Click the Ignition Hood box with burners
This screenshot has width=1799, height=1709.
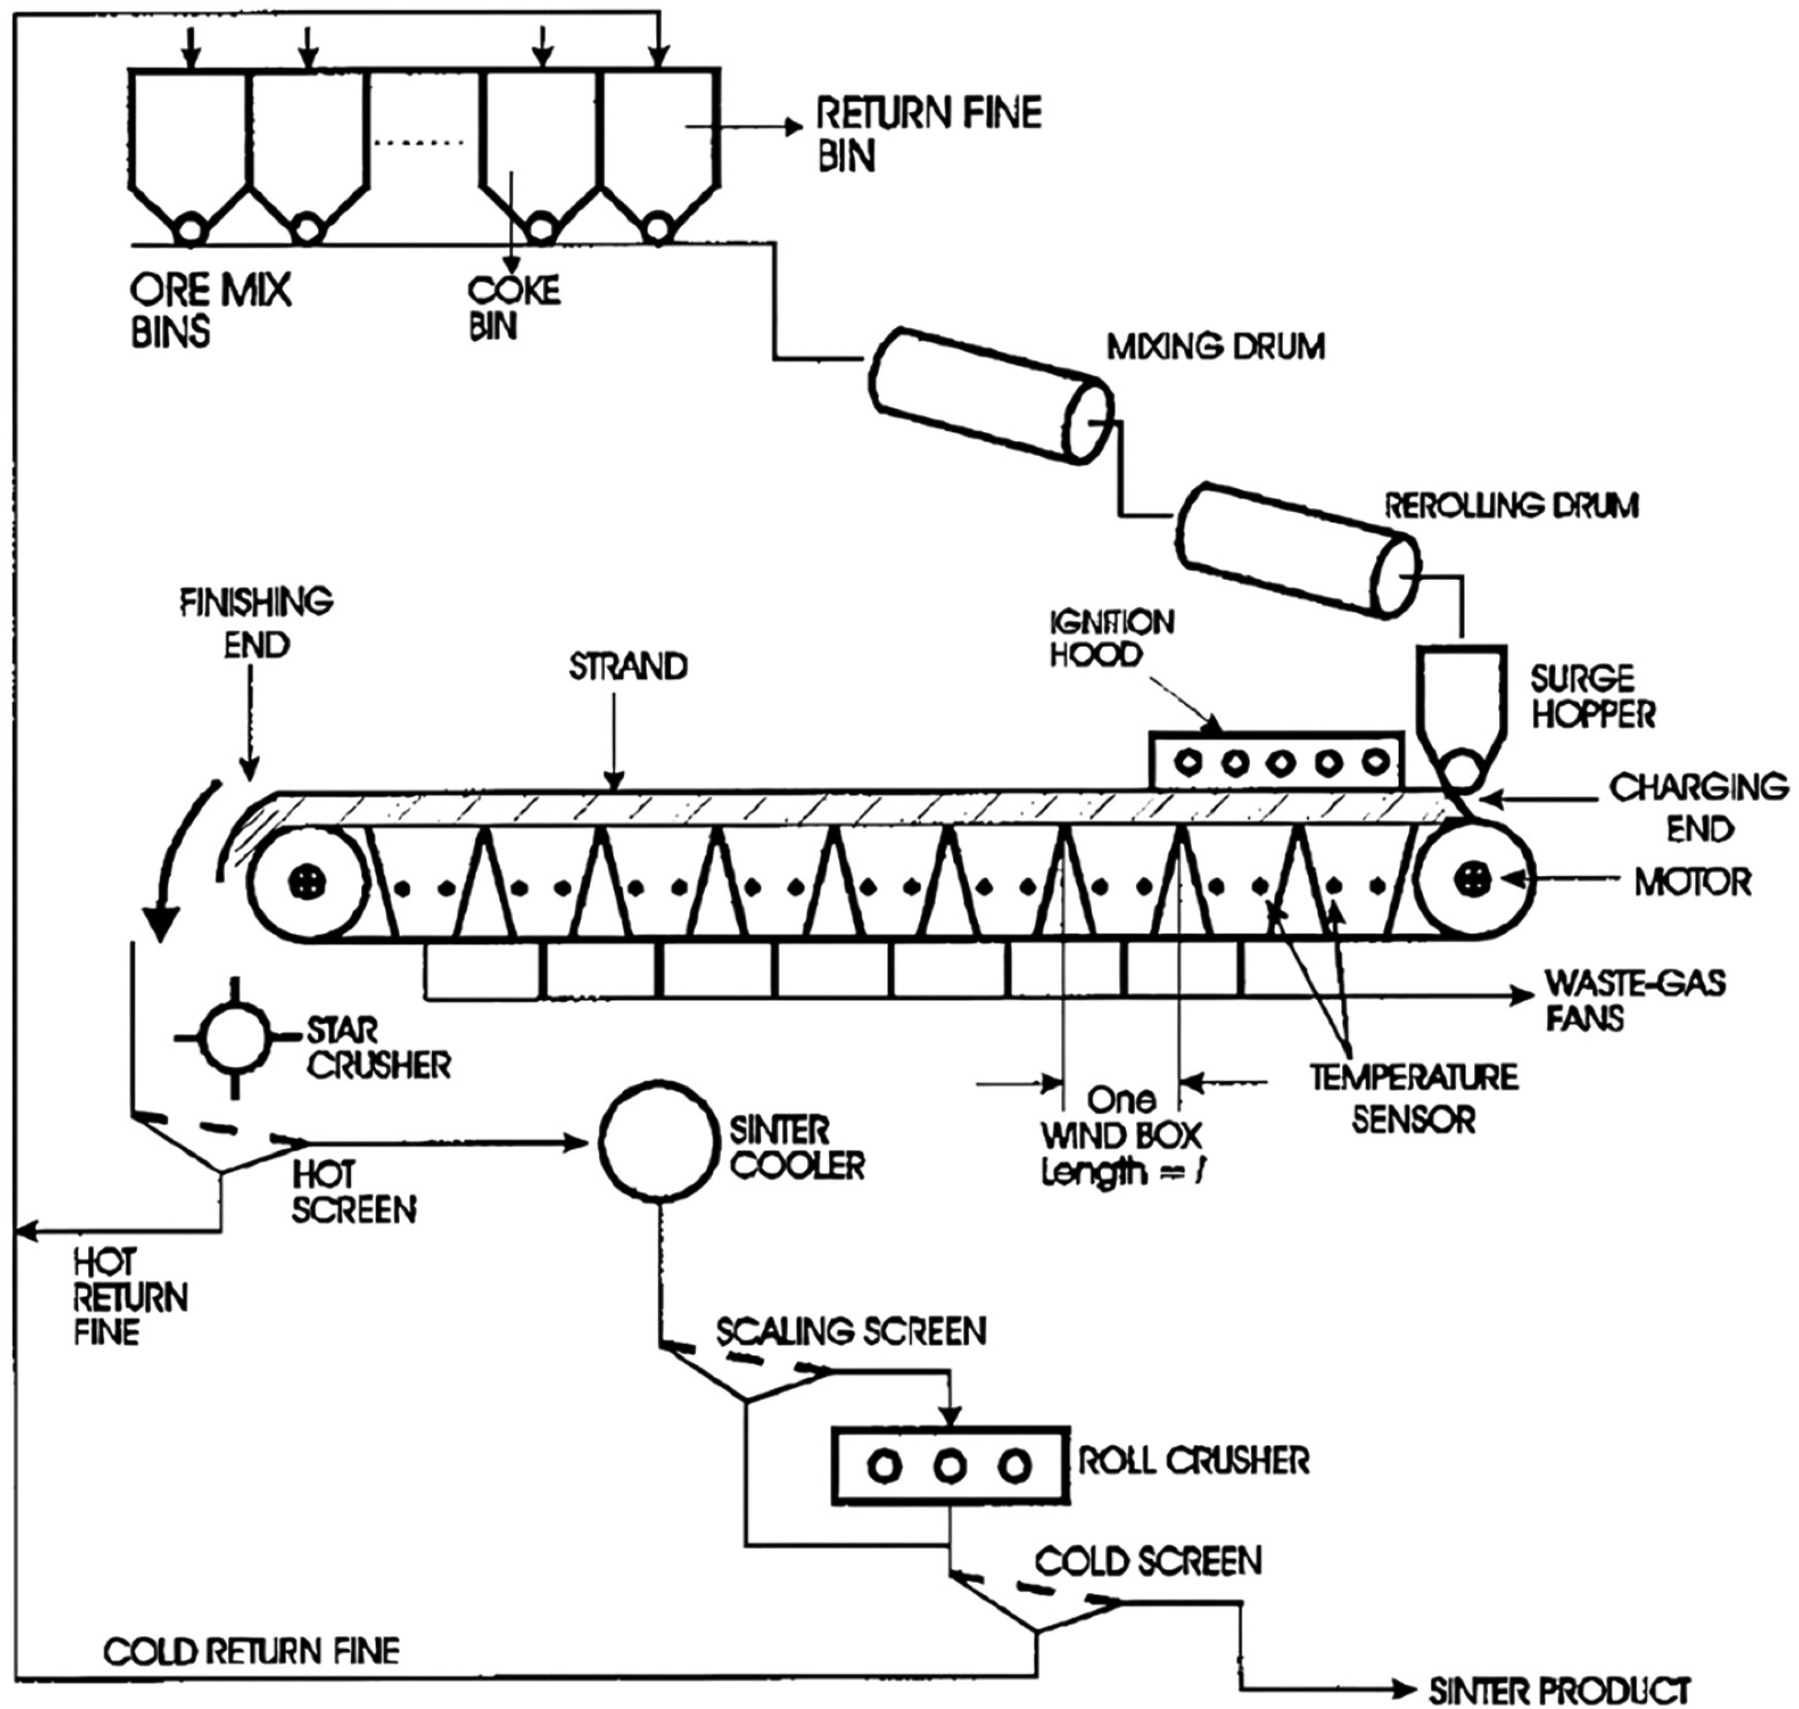pos(1277,760)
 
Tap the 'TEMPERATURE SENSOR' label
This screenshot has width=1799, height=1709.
pos(1413,1099)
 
